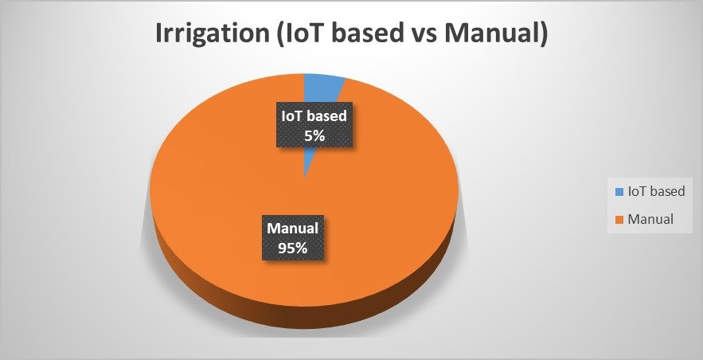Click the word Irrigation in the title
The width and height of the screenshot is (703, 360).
point(211,34)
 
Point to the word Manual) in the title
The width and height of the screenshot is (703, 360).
point(498,34)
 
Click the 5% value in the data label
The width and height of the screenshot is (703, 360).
point(314,135)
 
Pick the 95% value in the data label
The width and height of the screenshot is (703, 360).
point(293,248)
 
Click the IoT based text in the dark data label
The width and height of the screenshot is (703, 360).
point(314,116)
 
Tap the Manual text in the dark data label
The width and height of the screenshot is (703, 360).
point(293,229)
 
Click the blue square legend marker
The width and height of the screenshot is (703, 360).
point(619,192)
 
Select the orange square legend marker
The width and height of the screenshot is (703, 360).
point(619,220)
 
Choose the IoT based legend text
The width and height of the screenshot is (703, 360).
point(656,191)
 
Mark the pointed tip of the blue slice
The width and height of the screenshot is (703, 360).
point(304,178)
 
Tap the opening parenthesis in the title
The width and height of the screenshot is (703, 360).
point(278,35)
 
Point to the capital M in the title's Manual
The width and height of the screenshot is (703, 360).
point(459,34)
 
